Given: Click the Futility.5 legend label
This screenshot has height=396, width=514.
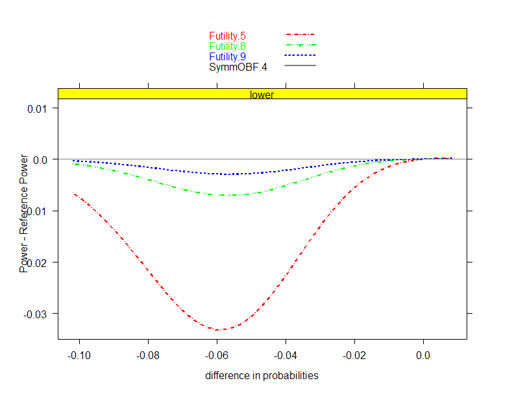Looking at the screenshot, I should [227, 36].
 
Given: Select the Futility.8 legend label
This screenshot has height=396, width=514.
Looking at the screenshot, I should [227, 46].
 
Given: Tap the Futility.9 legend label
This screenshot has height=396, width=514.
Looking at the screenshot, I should [227, 56].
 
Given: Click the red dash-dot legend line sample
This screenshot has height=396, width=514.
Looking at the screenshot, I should [300, 34].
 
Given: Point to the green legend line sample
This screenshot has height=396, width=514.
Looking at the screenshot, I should [300, 45].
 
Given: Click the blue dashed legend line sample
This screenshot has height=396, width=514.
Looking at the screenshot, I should [300, 55].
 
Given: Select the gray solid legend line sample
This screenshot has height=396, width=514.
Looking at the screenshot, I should [300, 65].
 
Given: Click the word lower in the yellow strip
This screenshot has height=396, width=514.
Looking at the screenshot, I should [262, 95].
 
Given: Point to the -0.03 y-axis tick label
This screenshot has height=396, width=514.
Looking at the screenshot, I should [38, 314].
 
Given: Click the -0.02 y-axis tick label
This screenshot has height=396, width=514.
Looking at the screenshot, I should [38, 262].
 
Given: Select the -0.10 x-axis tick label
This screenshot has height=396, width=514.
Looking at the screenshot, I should [79, 355].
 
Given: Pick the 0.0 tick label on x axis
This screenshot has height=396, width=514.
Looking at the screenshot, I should [423, 355].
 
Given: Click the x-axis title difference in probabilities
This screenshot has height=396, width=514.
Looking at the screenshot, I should [262, 376].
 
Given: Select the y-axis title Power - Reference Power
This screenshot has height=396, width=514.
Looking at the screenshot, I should [24, 213].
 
